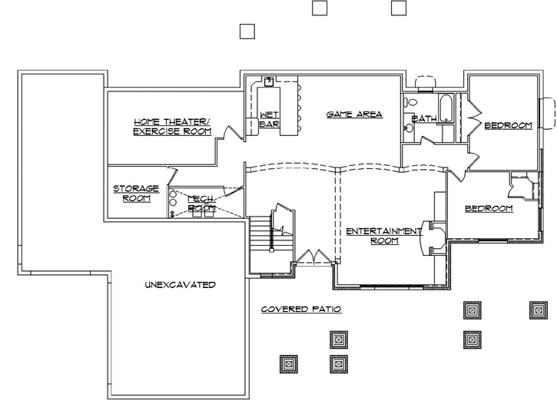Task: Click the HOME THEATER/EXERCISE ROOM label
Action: point(171,127)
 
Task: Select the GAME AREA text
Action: point(354,114)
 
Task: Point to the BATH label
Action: point(424,119)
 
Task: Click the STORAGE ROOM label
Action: point(136,193)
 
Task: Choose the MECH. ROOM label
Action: point(201,203)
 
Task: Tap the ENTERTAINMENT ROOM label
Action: point(383,235)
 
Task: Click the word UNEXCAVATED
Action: point(180,285)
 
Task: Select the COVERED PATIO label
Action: point(300,309)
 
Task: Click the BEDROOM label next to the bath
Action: point(508,125)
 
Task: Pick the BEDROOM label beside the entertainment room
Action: point(489,208)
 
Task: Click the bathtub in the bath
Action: point(444,108)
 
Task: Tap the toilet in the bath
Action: point(412,101)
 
